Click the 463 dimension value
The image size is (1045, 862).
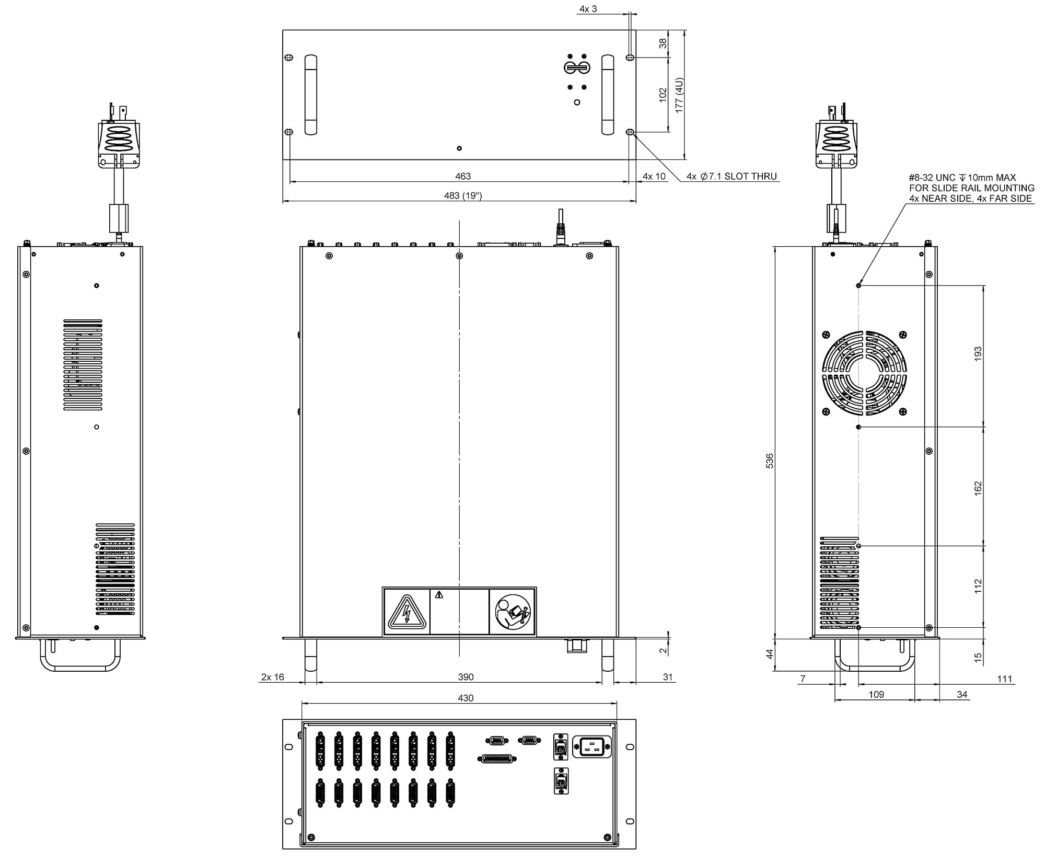463,176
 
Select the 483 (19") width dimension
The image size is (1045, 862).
463,196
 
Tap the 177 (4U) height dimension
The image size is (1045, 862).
679,95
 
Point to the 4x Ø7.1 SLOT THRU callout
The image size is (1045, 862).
731,177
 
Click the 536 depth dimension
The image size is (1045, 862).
769,461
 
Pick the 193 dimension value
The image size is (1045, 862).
978,353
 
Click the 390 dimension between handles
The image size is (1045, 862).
465,677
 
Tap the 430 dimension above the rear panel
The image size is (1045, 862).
465,698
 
